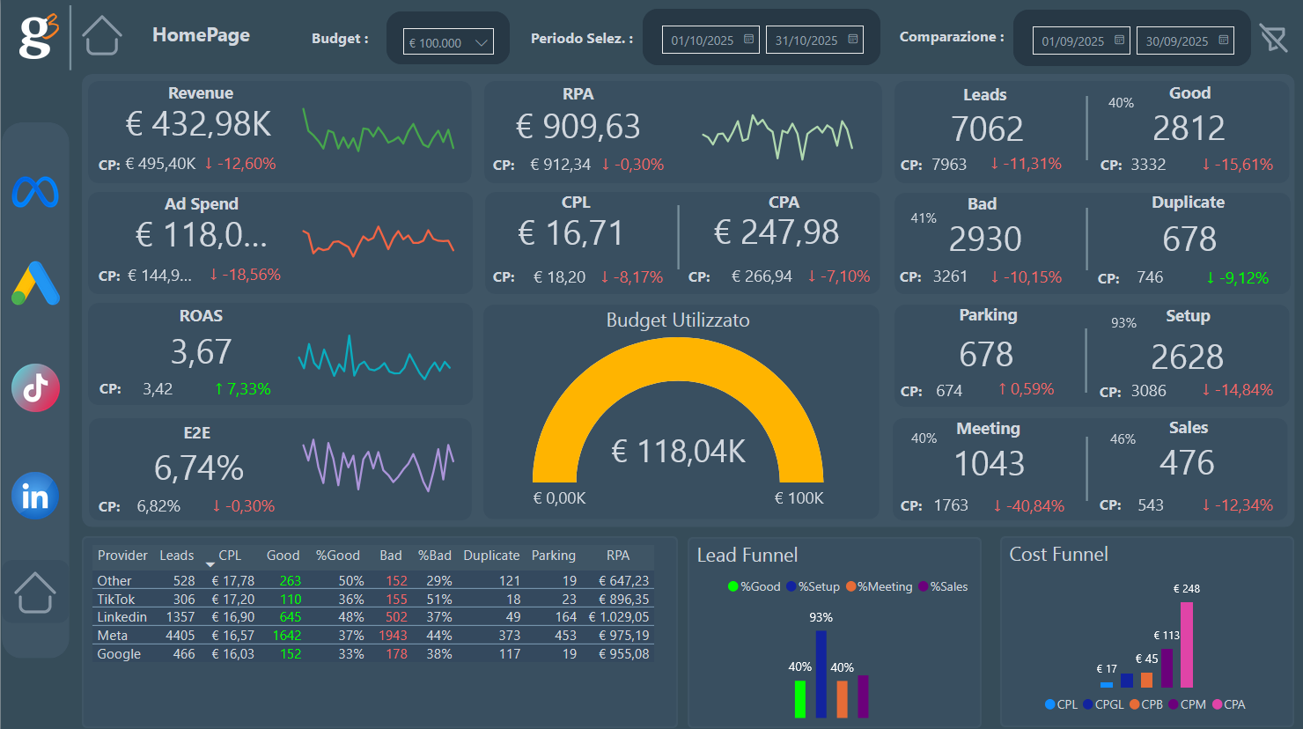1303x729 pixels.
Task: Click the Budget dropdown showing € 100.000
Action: [x=448, y=42]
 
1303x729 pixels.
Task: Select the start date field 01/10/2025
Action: [x=710, y=40]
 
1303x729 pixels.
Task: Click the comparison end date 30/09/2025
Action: [x=1184, y=40]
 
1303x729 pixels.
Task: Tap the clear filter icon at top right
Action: [x=1272, y=38]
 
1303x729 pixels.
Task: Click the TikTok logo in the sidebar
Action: [x=36, y=388]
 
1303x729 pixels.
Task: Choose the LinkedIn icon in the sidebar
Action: [x=35, y=497]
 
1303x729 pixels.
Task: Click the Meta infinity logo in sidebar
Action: [x=35, y=192]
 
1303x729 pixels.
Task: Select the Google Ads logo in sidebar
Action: [x=36, y=283]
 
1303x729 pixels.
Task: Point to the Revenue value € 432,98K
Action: [x=198, y=125]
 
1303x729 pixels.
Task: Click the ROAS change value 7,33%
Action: [x=243, y=389]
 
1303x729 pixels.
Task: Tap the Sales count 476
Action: [x=1187, y=463]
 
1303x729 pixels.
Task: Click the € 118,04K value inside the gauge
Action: [x=678, y=452]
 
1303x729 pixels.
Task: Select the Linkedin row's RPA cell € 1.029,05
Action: [x=619, y=617]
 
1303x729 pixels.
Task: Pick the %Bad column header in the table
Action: [x=434, y=556]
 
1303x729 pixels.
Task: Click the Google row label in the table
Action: [x=119, y=654]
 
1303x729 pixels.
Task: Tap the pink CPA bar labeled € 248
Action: [x=1186, y=644]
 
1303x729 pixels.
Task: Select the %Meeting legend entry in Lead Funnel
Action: [x=879, y=586]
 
